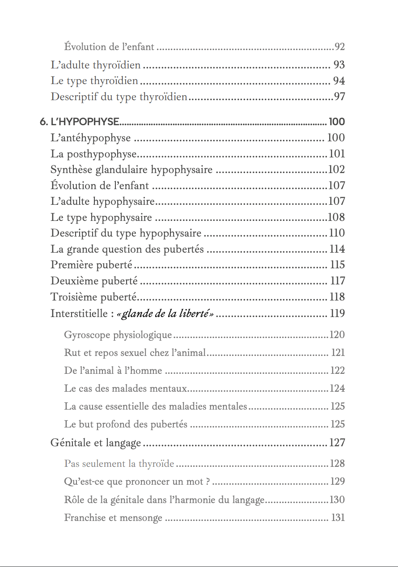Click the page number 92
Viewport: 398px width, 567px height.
pyautogui.click(x=339, y=47)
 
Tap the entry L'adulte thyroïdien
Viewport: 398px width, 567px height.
pyautogui.click(x=96, y=65)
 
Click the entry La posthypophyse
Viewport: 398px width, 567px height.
pyautogui.click(x=93, y=154)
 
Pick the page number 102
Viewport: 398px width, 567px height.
pyautogui.click(x=336, y=170)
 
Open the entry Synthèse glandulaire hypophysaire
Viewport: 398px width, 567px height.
pyautogui.click(x=131, y=170)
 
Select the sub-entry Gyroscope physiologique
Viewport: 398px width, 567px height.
pyautogui.click(x=118, y=335)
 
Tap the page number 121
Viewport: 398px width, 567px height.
pyautogui.click(x=338, y=353)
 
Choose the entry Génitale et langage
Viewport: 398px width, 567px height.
pyautogui.click(x=96, y=443)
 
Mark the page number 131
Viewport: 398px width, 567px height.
pyautogui.click(x=338, y=518)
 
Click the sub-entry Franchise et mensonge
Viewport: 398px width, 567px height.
pyautogui.click(x=113, y=518)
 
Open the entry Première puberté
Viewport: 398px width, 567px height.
pyautogui.click(x=91, y=265)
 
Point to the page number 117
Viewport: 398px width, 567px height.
pyautogui.click(x=337, y=281)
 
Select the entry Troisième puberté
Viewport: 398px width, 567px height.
pyautogui.click(x=93, y=297)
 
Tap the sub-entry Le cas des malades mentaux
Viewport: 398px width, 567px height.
pyautogui.click(x=125, y=389)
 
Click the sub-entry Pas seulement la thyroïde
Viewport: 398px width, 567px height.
pyautogui.click(x=119, y=464)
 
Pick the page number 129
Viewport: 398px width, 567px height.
pyautogui.click(x=337, y=482)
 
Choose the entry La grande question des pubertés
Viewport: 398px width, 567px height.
pyautogui.click(x=127, y=249)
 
